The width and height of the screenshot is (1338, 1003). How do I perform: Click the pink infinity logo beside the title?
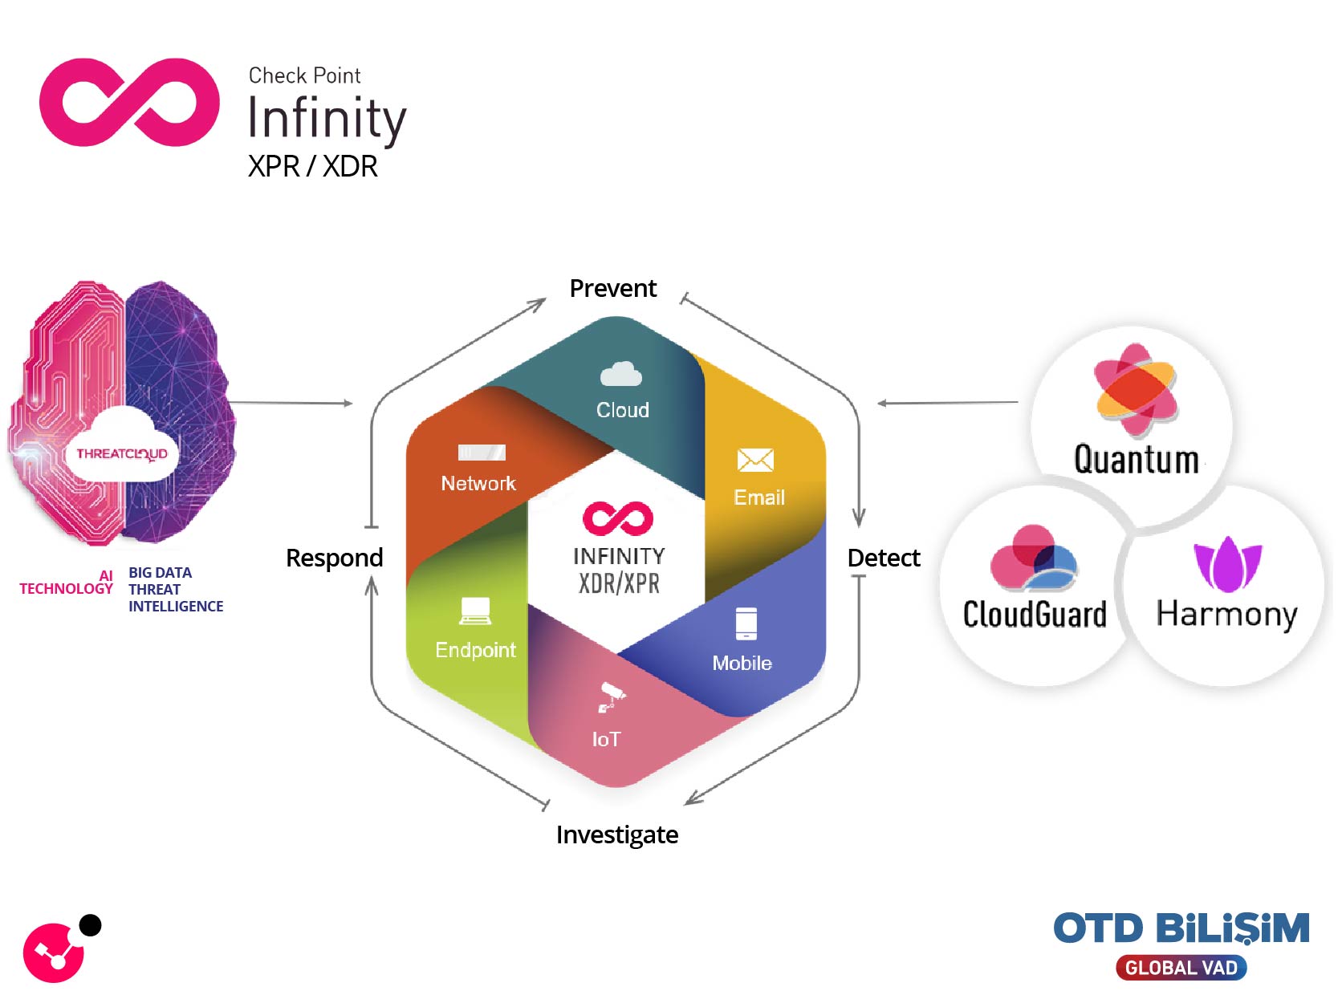(129, 102)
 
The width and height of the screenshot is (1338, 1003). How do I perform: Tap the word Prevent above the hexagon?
(612, 288)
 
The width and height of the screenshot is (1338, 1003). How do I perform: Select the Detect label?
(883, 558)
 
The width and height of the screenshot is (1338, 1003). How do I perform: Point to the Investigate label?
(616, 834)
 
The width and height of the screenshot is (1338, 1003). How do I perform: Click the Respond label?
(334, 558)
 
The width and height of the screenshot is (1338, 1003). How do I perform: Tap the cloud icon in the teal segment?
(621, 375)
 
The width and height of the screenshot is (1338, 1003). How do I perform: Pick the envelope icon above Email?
(754, 460)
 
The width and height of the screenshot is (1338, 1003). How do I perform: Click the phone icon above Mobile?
(746, 623)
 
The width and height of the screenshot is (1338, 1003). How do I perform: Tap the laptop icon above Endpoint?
(475, 611)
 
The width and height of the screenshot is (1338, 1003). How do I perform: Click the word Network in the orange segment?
(478, 483)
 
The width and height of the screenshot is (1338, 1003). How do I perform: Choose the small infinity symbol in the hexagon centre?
(617, 518)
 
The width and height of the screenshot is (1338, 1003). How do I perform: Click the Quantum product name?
(1136, 460)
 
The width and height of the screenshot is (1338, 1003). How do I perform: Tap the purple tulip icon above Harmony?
(1227, 562)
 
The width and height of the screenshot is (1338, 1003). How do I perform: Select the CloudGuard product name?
(1034, 615)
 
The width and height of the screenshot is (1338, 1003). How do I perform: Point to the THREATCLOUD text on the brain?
(122, 453)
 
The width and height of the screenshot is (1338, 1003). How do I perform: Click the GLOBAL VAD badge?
(1181, 968)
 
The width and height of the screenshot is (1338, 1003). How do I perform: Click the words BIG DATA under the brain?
(160, 573)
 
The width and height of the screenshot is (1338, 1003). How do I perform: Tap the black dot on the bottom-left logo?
(91, 925)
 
